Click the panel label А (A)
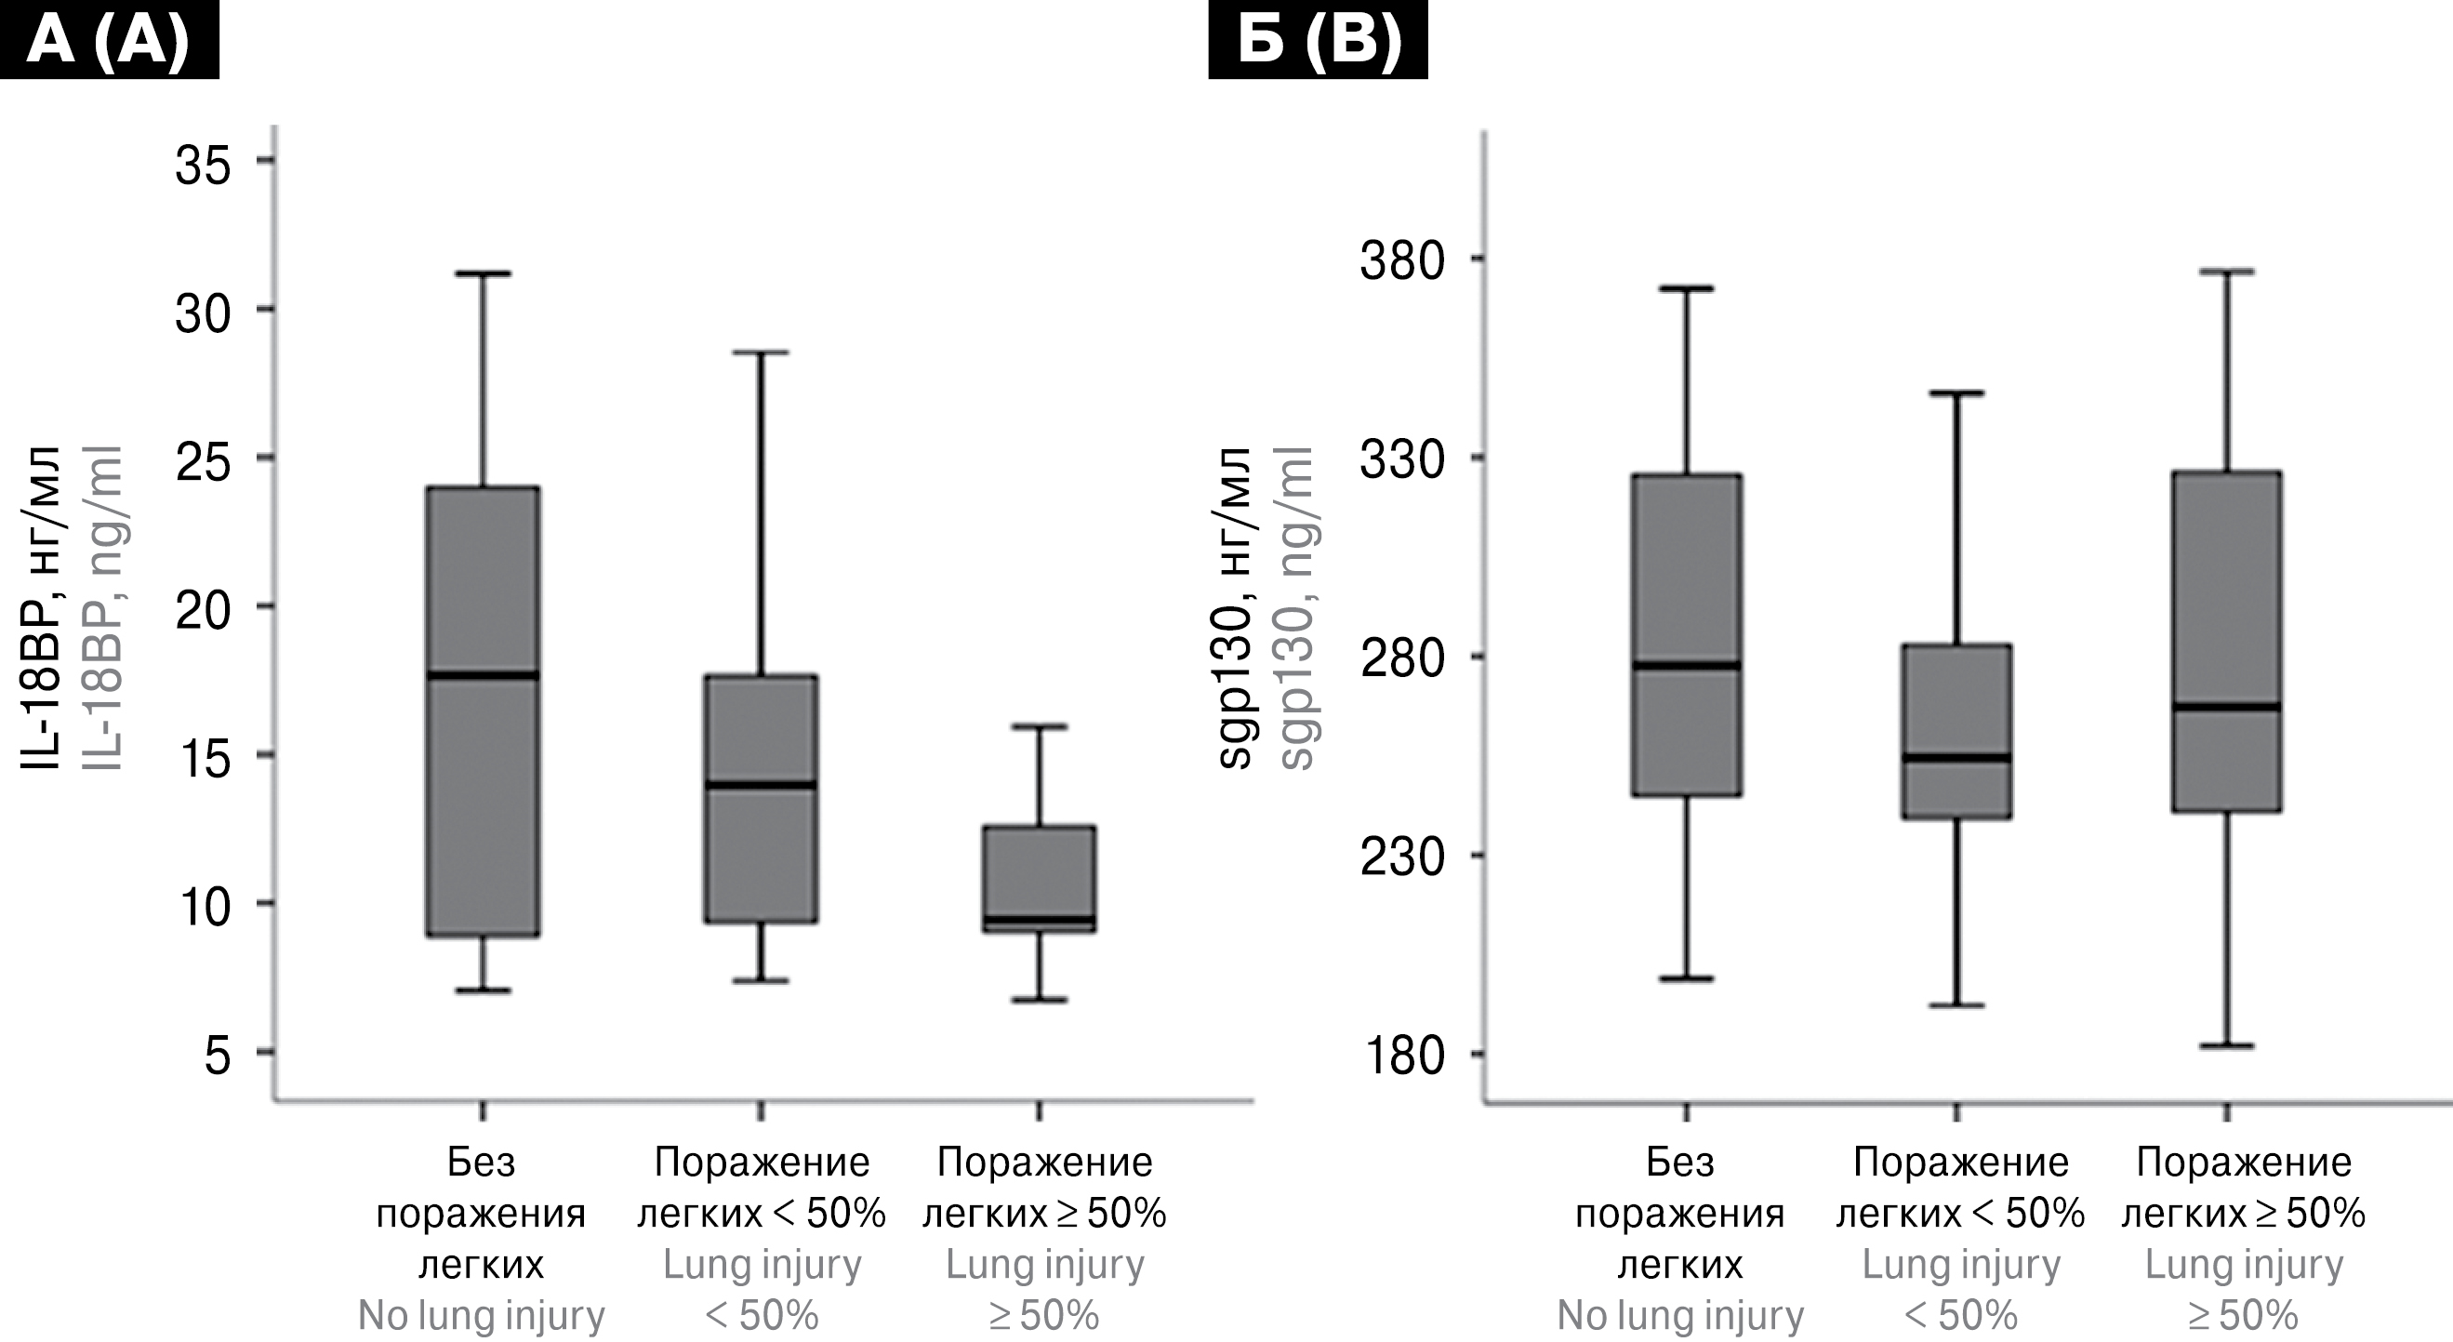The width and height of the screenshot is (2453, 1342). [109, 40]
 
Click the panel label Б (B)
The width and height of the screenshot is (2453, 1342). [1318, 40]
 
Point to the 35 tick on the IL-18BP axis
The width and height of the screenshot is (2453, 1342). [203, 164]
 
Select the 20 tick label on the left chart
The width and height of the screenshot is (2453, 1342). [203, 610]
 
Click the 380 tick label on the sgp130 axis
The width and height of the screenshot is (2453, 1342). [1402, 261]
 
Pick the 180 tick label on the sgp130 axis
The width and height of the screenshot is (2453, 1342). [1402, 1056]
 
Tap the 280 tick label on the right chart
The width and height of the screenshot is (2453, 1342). [1402, 659]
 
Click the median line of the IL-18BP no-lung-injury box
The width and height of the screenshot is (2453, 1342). [483, 675]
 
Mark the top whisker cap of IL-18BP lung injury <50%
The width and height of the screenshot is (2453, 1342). [761, 352]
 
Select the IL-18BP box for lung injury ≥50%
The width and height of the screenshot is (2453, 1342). [1039, 878]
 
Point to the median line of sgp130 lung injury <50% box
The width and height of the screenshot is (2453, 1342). [1956, 758]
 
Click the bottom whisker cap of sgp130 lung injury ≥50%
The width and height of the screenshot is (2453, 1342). [2226, 1045]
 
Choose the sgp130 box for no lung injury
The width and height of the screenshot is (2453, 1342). [1687, 634]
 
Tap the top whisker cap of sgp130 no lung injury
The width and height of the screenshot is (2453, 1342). [1687, 287]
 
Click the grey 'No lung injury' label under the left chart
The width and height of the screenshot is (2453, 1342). [481, 1316]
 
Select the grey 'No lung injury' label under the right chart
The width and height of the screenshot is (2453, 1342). [1679, 1316]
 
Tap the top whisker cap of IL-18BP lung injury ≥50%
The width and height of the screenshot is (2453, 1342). [1039, 726]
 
